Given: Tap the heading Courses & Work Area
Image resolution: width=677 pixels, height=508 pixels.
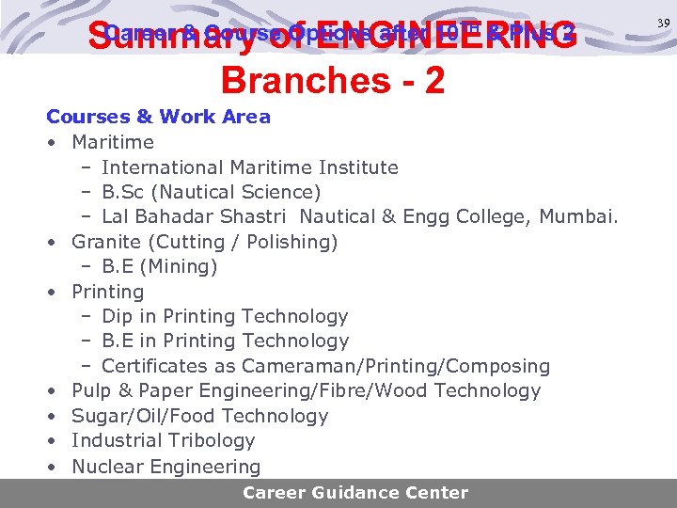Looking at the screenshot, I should [x=158, y=117].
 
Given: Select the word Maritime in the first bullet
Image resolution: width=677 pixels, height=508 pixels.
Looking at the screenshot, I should [x=113, y=142].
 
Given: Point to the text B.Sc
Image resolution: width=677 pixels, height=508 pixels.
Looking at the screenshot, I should [x=128, y=192].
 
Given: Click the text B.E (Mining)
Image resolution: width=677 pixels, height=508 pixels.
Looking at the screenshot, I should [x=160, y=266].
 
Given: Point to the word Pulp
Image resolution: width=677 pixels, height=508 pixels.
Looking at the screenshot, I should [x=91, y=390].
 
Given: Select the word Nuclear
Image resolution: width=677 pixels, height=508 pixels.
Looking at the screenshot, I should [x=106, y=466].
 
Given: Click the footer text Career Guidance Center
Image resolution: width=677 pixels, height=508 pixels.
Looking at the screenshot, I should [x=355, y=492].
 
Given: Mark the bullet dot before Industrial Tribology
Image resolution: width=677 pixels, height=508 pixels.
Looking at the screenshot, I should [x=54, y=440].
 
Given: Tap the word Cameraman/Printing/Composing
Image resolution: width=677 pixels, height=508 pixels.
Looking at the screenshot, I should [x=396, y=366].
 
